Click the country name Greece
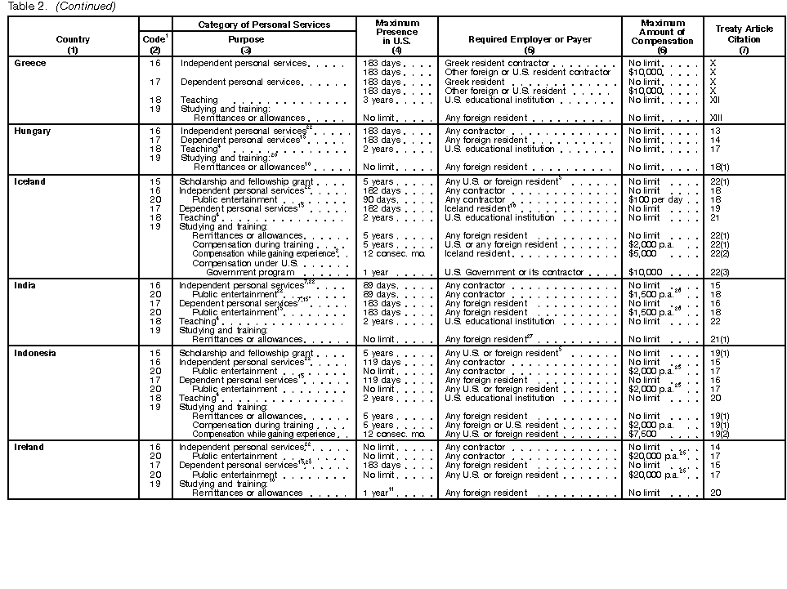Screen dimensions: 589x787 30,63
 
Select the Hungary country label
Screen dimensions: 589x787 33,131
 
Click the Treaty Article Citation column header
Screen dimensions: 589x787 744,34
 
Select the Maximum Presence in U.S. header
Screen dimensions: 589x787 396,33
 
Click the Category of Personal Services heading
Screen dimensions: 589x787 264,25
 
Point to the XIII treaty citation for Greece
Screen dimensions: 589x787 716,118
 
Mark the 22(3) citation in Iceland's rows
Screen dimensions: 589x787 720,272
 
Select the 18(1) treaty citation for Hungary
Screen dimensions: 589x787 720,167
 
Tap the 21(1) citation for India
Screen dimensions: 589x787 720,339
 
